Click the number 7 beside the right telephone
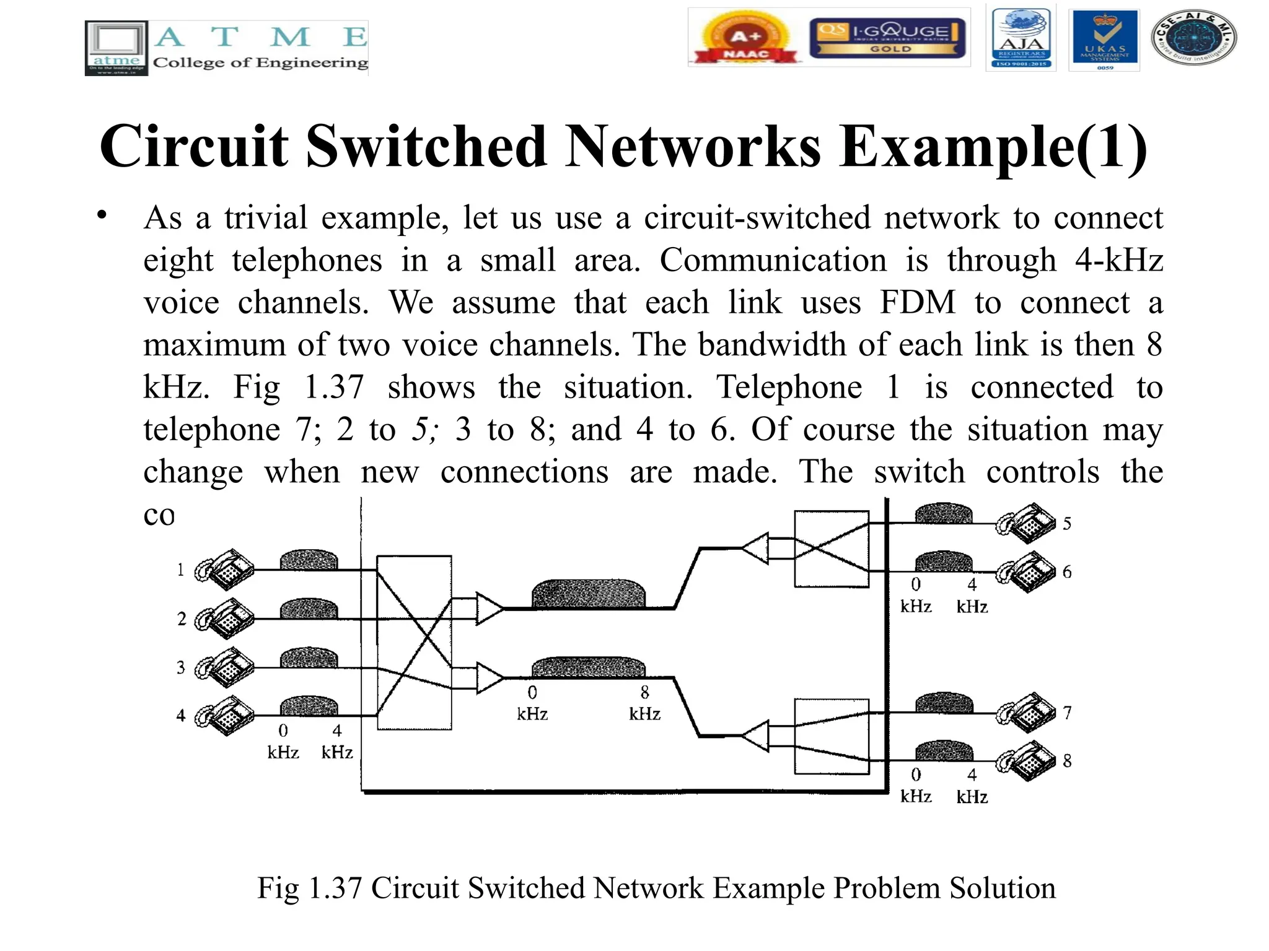click(x=1067, y=713)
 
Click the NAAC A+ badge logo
click(x=746, y=38)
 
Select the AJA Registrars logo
click(x=1021, y=38)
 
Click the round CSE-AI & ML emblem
click(x=1193, y=38)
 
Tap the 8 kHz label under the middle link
click(x=644, y=703)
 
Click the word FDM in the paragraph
click(x=918, y=303)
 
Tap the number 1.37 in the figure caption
click(x=335, y=888)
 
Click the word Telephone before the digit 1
click(x=789, y=388)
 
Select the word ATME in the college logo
click(x=260, y=37)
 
